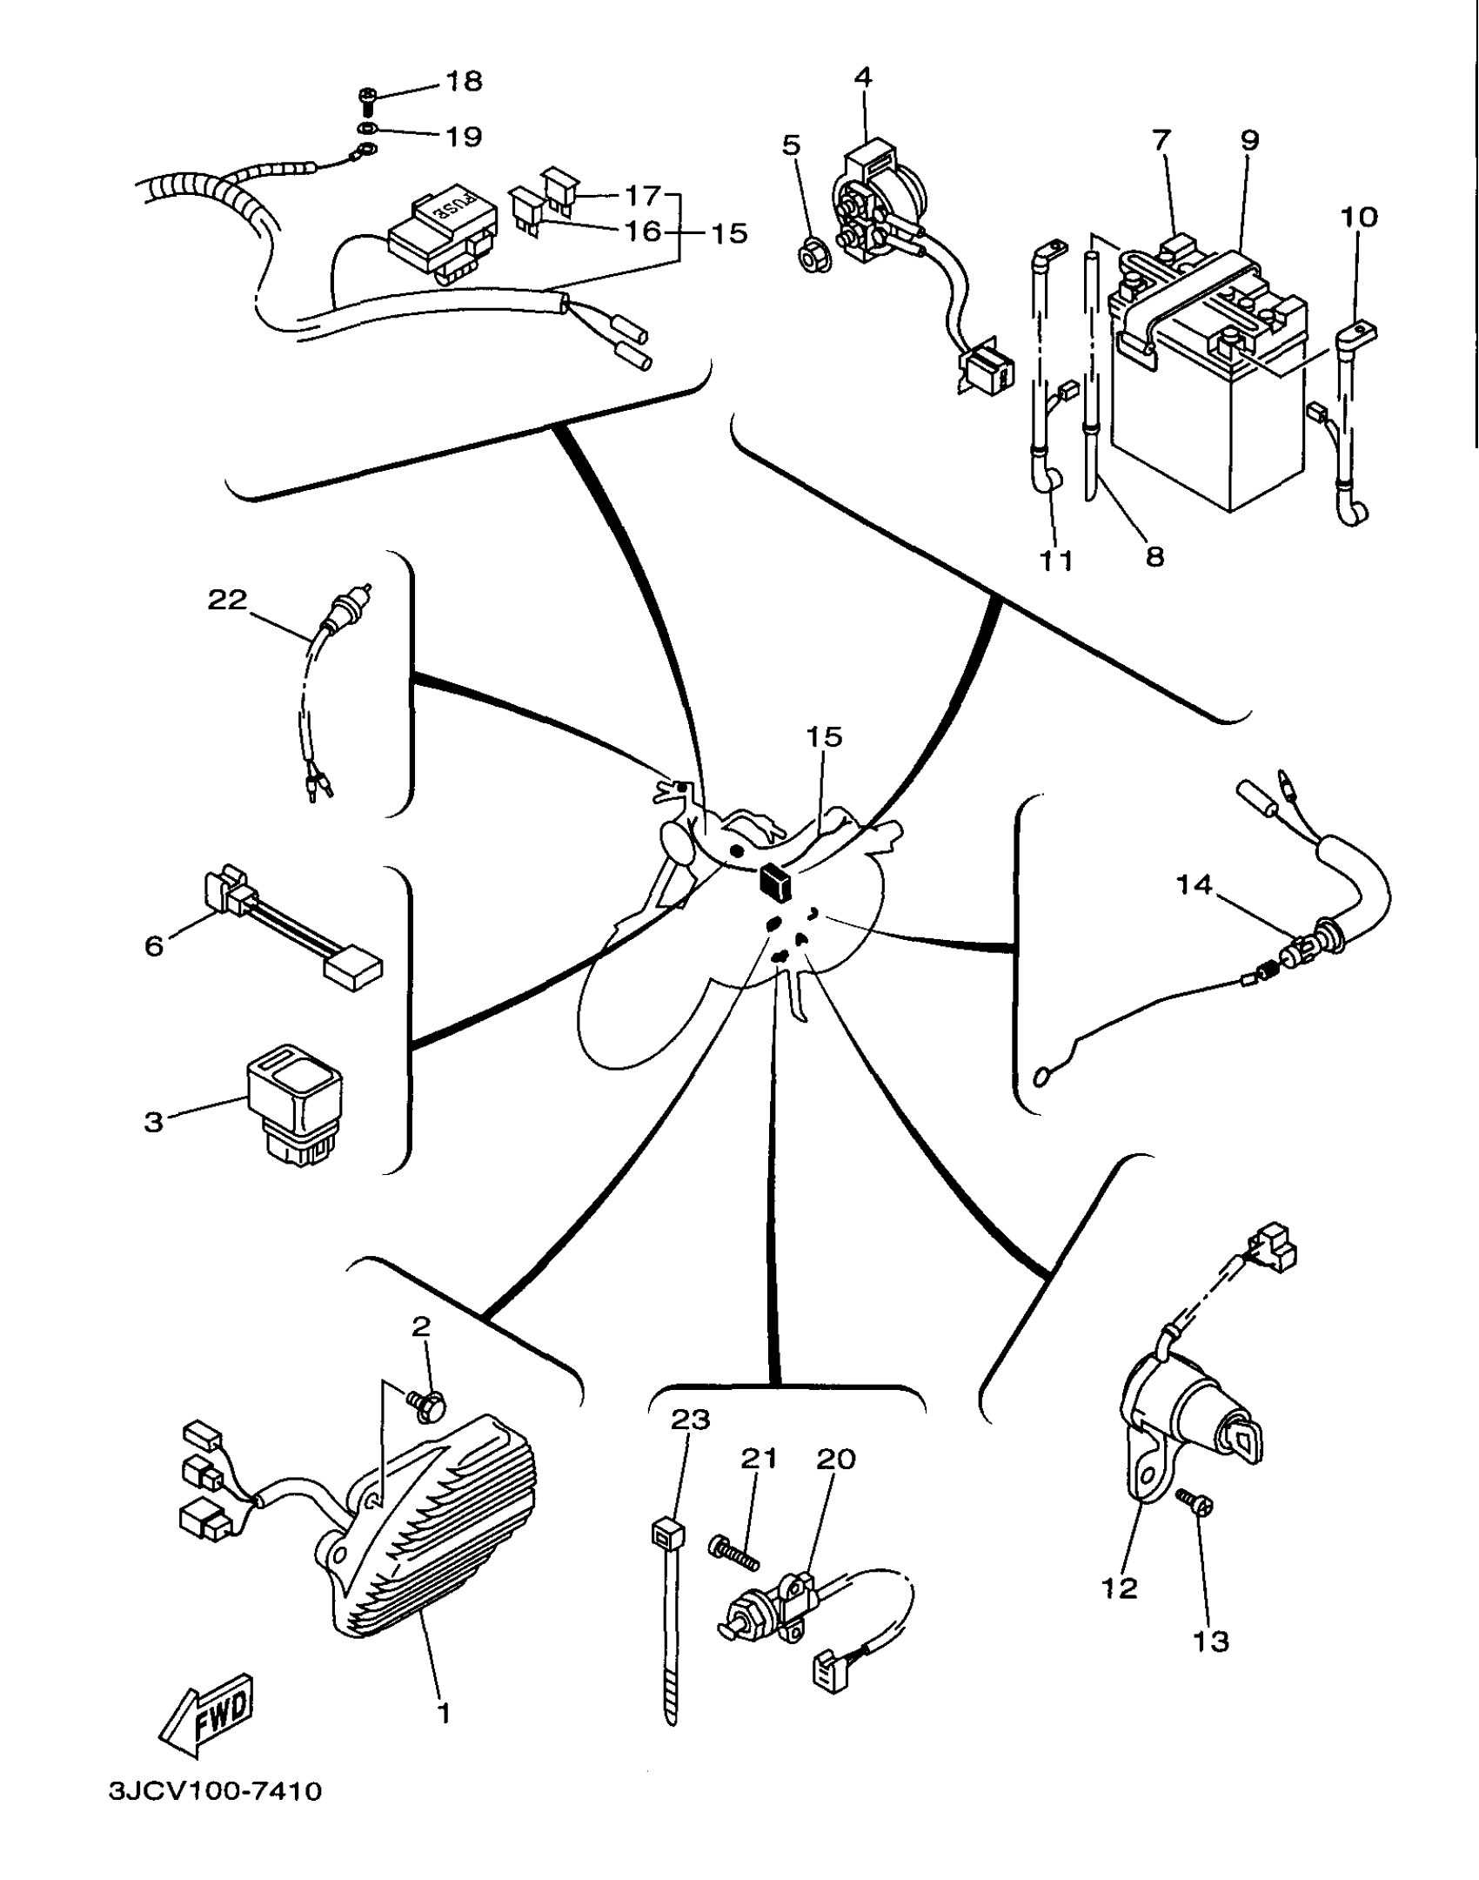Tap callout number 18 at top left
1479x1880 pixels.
(464, 81)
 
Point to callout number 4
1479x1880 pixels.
(862, 77)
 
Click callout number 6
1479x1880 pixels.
(154, 946)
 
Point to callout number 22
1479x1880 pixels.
(227, 600)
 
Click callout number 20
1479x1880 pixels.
(836, 1458)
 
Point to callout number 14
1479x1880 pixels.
(1194, 884)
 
